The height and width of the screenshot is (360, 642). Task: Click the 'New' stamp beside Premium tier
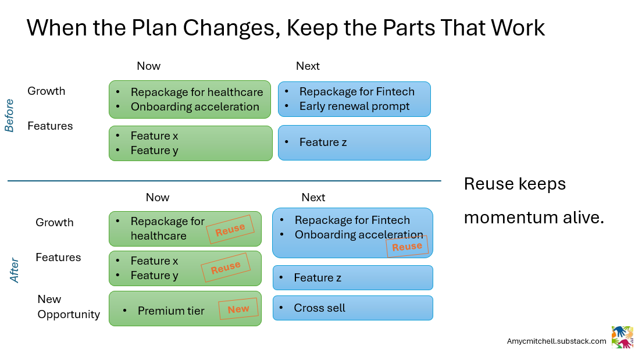point(238,309)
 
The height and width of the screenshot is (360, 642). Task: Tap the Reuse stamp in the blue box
point(407,247)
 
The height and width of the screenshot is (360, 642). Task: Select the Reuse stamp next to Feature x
point(226,268)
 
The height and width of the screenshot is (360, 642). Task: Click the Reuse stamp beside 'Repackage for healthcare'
point(230,230)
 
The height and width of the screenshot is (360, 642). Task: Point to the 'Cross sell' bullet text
point(319,308)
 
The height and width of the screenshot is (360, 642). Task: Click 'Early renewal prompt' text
point(354,106)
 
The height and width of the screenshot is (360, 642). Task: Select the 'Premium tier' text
point(171,311)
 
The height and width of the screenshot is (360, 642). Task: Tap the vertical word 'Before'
point(10,115)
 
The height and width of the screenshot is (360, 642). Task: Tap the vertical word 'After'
point(15,270)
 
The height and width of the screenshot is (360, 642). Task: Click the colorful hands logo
point(622,337)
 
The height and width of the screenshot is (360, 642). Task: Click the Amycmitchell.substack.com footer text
point(557,341)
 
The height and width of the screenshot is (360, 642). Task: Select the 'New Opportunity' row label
point(68,306)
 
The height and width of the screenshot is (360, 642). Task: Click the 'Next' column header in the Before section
point(308,66)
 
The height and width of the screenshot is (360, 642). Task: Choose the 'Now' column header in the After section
point(157,198)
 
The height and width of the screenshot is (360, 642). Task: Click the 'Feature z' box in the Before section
point(354,142)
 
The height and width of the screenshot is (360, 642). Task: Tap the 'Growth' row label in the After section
point(55,222)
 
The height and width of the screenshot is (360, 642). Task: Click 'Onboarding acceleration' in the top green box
point(195,106)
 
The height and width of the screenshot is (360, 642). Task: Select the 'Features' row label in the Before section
point(50,126)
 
